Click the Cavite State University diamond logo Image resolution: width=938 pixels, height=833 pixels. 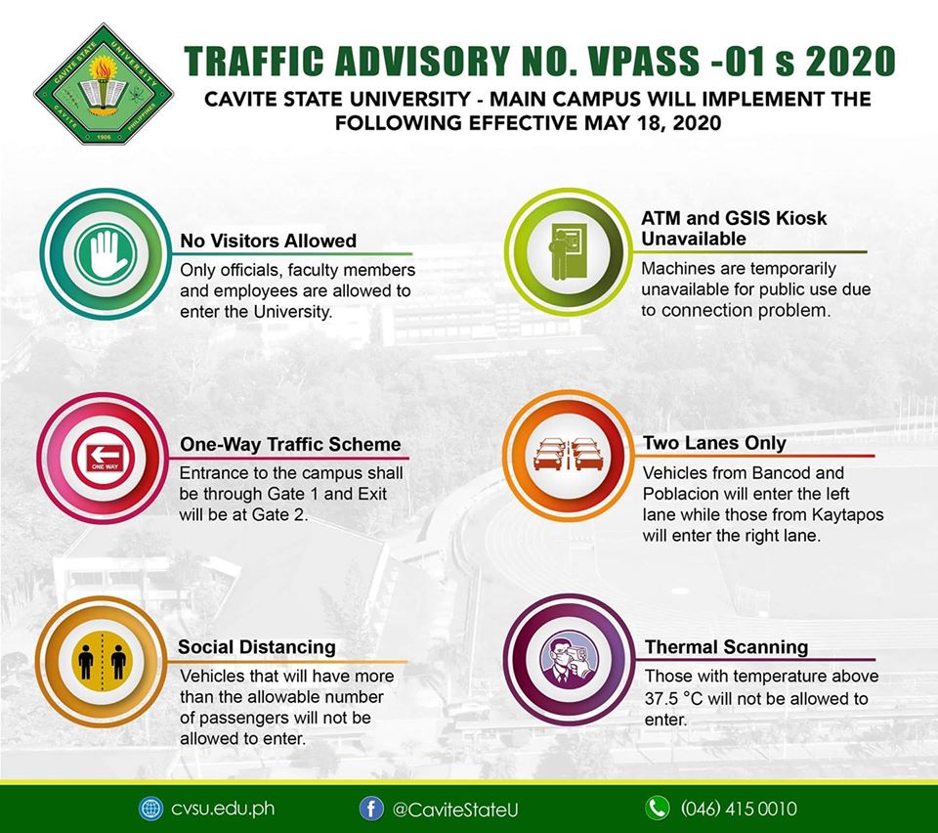pos(104,84)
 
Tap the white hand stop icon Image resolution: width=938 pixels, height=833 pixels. pos(107,253)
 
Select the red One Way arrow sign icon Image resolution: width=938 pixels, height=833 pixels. pos(105,458)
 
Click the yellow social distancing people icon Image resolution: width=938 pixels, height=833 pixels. pos(103,661)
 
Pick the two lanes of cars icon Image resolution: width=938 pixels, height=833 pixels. pos(566,455)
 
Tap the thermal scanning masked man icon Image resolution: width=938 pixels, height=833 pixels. pos(569,660)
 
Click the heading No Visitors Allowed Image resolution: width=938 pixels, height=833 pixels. pos(269,241)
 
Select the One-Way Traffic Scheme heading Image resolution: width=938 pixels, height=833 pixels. pos(290,444)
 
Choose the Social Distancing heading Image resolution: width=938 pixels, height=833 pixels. pos(257,647)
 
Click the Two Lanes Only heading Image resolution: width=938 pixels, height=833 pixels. pos(714,443)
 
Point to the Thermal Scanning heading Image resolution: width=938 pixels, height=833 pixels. pos(726,647)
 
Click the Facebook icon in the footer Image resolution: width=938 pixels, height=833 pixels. pos(371,809)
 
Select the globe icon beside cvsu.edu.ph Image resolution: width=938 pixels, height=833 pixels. pos(150,809)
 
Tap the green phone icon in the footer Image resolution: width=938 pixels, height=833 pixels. pos(657,809)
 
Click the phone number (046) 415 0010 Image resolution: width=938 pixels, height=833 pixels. pos(739,810)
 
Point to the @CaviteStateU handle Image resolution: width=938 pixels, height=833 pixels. pos(455,810)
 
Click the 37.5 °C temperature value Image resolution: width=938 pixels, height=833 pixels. pos(673,698)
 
